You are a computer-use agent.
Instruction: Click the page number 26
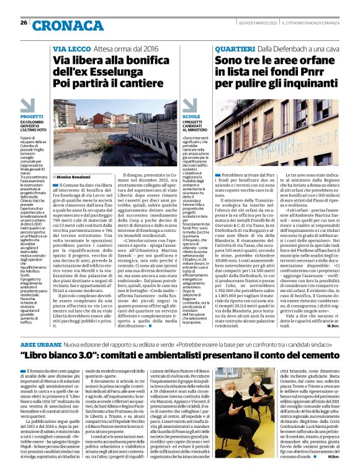coord(24,22)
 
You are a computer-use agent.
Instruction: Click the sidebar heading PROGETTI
coord(32,117)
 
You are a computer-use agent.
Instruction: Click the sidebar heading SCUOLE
coord(192,117)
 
